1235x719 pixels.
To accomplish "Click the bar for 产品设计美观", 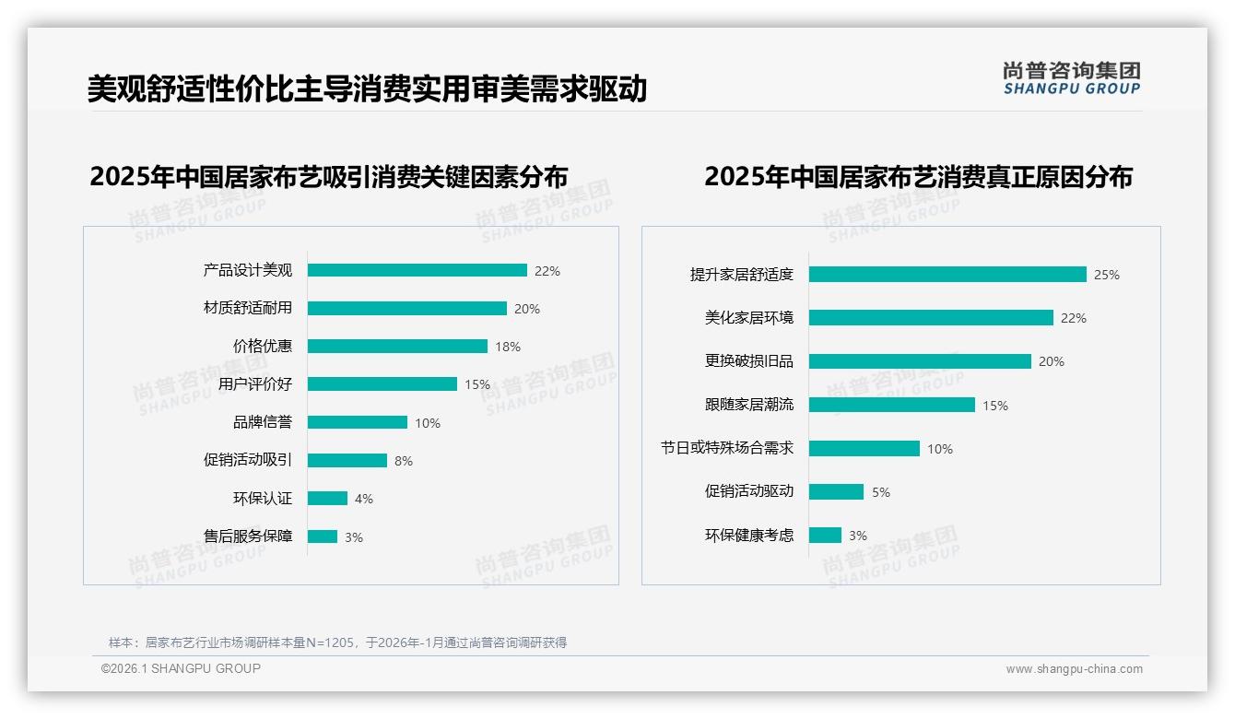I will point(417,270).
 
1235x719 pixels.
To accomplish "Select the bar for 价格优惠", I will point(397,347).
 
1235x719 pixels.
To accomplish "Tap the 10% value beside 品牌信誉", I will point(428,423).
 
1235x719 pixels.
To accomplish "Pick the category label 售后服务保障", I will point(248,536).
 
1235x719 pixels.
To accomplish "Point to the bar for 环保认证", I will point(327,499).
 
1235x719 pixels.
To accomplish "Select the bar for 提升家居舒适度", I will point(947,275).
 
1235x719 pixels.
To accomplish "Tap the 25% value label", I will point(1107,275).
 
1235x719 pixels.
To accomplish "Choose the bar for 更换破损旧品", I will point(920,361).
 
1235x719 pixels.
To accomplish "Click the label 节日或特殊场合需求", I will point(726,448).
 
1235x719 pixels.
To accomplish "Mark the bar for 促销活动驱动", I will point(836,492).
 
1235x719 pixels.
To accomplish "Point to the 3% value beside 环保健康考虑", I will point(858,536).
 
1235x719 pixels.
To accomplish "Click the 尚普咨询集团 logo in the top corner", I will point(1072,78).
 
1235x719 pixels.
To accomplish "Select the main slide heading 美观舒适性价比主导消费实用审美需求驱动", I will point(367,88).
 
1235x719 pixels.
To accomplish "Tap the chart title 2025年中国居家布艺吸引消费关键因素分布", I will point(329,176).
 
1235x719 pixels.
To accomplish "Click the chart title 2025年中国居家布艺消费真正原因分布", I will point(918,176).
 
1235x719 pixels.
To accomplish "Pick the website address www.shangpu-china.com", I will point(1074,669).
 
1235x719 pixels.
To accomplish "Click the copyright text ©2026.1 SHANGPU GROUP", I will point(181,668).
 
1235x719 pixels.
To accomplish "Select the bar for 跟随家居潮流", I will point(891,405).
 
